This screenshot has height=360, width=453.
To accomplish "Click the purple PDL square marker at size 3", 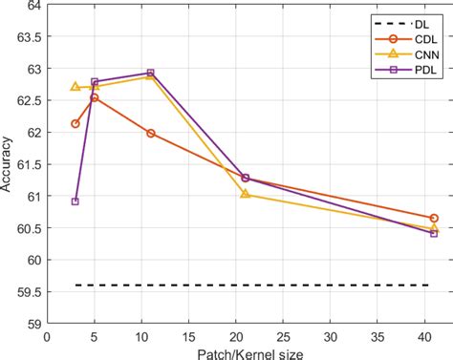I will [x=75, y=201].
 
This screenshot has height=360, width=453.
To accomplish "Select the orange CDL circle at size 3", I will [x=75, y=124].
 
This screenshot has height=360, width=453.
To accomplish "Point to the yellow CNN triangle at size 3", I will [x=75, y=87].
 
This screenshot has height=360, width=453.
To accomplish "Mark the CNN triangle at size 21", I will [x=246, y=194].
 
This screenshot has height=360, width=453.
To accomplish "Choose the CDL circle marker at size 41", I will [x=434, y=219].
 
